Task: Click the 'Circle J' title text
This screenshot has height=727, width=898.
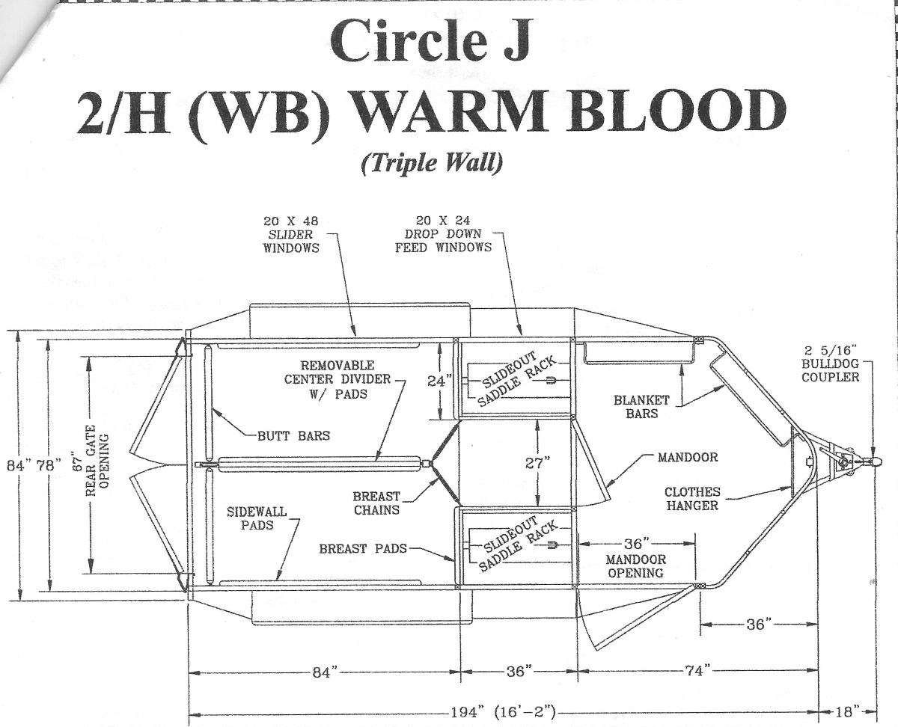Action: (430, 42)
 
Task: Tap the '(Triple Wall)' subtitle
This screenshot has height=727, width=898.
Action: (432, 162)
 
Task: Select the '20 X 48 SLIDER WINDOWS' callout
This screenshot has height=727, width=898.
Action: (291, 234)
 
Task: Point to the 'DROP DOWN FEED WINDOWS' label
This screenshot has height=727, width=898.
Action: (443, 240)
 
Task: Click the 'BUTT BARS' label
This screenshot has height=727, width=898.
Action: (293, 435)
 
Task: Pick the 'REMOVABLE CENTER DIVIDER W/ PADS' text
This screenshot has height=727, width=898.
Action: (337, 379)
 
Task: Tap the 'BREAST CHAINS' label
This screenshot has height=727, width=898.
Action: (376, 503)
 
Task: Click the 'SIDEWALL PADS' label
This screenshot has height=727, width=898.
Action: (257, 518)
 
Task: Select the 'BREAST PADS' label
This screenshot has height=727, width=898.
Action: (363, 548)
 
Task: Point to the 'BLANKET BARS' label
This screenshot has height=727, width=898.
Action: (641, 406)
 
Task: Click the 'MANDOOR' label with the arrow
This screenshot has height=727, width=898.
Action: (688, 457)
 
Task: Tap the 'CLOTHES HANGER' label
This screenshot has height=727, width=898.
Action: (692, 499)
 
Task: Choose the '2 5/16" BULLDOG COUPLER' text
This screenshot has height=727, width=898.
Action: (830, 363)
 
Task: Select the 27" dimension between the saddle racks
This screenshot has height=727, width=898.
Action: (537, 463)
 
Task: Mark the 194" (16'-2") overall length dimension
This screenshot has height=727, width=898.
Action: (503, 712)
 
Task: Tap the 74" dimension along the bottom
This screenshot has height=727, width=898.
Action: (696, 670)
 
